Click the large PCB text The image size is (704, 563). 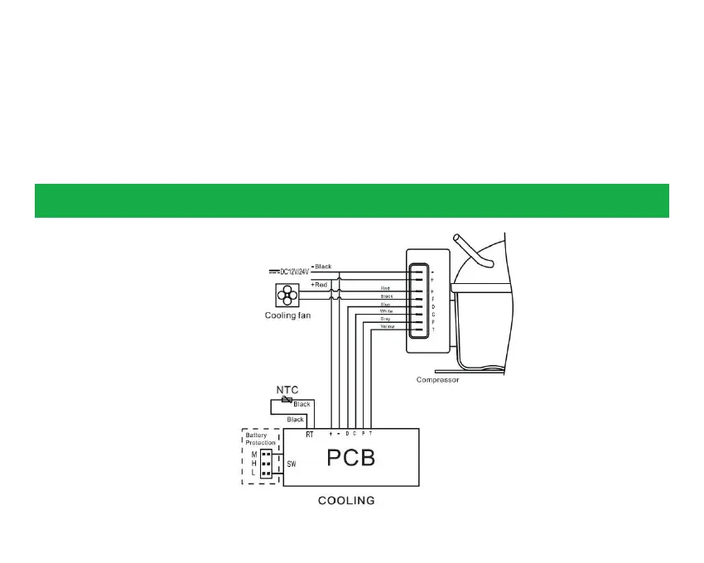coord(351,457)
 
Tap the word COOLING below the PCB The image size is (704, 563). coord(347,500)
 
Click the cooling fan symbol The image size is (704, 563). coord(287,295)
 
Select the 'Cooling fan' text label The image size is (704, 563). coord(287,315)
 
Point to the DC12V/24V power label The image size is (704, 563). coord(293,272)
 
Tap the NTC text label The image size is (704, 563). coord(287,388)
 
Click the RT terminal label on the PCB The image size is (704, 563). coord(310,434)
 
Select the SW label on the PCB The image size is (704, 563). coord(292,465)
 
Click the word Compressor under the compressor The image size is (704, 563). coord(437,380)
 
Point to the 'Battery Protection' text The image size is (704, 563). coord(261,439)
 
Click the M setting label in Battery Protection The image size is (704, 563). coord(253,455)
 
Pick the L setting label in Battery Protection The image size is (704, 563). coord(253,473)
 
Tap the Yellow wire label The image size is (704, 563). coord(387,327)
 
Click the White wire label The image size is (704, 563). coord(386,311)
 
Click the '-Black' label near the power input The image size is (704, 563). coord(320,267)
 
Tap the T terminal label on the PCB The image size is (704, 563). coord(370,434)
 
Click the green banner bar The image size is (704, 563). coord(351,201)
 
